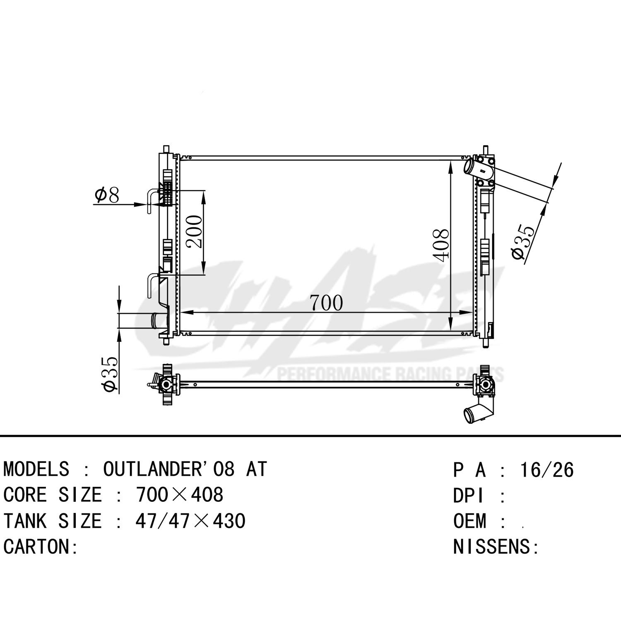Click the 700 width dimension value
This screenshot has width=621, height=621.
click(x=327, y=303)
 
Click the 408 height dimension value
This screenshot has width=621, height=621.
click(x=441, y=245)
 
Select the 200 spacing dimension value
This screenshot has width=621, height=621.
click(x=194, y=231)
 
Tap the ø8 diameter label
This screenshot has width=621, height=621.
click(x=107, y=195)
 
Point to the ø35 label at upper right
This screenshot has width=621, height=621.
click(x=523, y=242)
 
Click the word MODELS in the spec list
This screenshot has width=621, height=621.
click(x=36, y=469)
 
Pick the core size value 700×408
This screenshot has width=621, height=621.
click(x=179, y=495)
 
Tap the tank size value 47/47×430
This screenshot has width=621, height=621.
click(x=190, y=521)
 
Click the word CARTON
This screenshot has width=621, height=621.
click(x=37, y=547)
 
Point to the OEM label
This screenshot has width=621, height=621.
click(x=469, y=521)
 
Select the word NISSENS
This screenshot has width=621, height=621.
click(x=492, y=547)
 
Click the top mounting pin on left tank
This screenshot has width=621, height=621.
click(x=166, y=149)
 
